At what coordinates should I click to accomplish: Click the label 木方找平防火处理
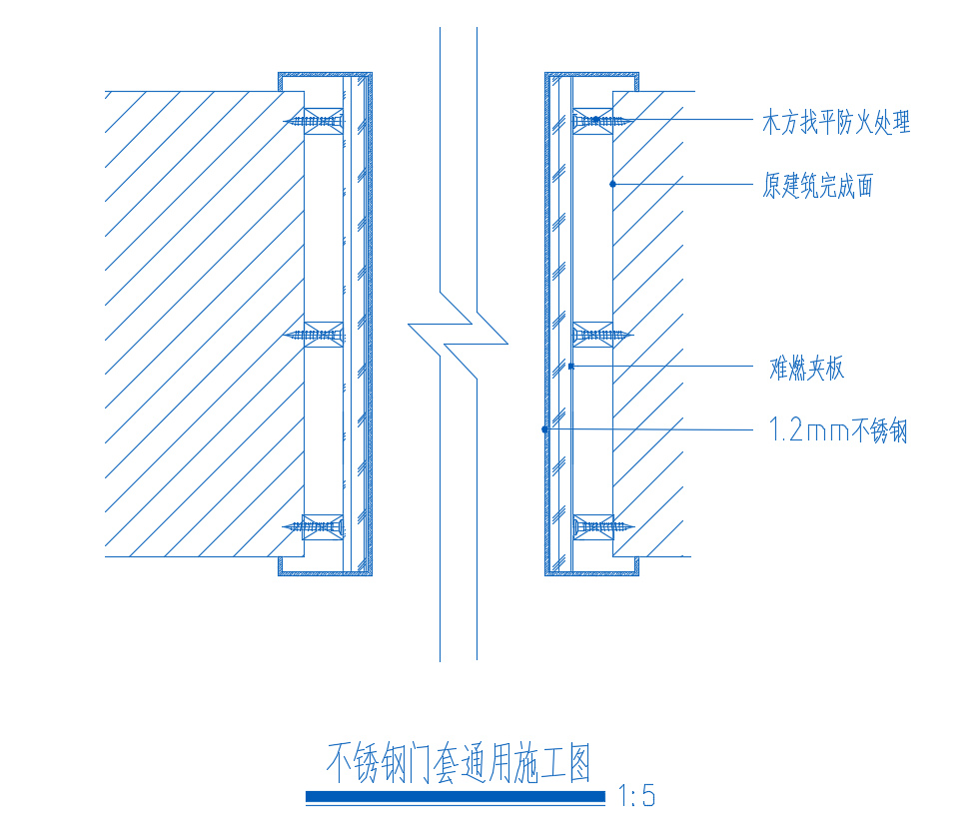[836, 124]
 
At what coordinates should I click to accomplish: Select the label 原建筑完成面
[817, 186]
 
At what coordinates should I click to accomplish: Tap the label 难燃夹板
[806, 369]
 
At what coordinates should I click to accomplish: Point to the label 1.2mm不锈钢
[837, 431]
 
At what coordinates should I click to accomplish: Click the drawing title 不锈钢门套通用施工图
[460, 765]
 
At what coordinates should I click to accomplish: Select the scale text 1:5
[637, 797]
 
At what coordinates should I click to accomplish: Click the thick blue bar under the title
[456, 797]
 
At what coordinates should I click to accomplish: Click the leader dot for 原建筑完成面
[612, 184]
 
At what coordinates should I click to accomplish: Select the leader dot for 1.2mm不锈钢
[545, 429]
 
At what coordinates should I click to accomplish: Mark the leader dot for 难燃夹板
[569, 368]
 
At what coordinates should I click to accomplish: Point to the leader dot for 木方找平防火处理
[596, 120]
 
